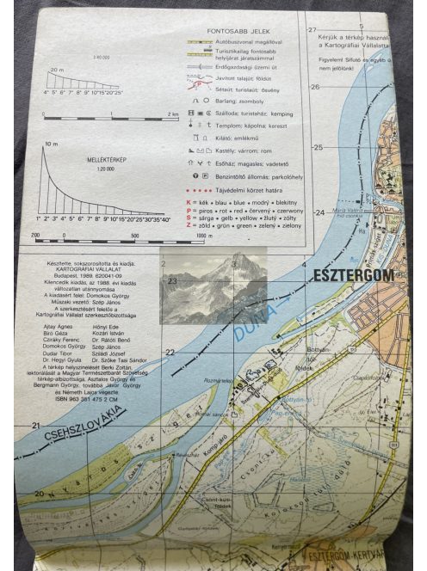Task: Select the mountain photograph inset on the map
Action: click(x=213, y=287)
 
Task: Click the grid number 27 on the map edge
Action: click(x=314, y=29)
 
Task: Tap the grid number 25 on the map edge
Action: click(x=317, y=148)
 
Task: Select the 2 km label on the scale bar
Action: click(x=173, y=114)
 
